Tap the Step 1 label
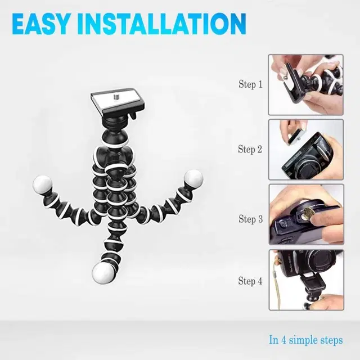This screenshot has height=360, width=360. pos(250,85)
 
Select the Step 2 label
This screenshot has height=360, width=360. pos(250,149)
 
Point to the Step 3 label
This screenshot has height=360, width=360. pos(250,219)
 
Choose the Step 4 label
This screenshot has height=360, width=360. pos(250,281)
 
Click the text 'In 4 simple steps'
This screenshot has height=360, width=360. pos(305,340)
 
